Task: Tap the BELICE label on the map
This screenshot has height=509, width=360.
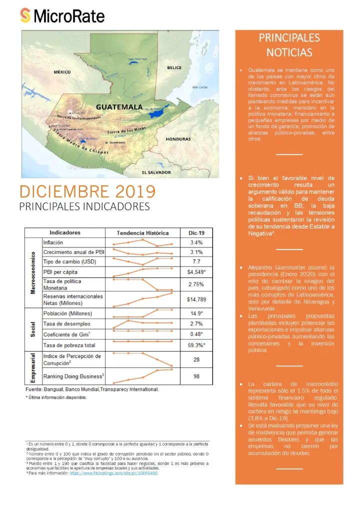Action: (174, 67)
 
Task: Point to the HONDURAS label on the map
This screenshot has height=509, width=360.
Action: (178, 139)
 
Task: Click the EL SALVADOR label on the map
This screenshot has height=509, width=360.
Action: (156, 172)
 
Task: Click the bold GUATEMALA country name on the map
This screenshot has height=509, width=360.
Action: (119, 107)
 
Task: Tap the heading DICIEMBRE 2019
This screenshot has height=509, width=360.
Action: (87, 191)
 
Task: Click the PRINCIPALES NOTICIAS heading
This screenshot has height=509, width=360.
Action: (289, 45)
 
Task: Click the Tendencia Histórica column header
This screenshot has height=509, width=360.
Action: (142, 232)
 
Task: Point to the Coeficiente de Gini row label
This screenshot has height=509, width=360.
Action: (68, 334)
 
